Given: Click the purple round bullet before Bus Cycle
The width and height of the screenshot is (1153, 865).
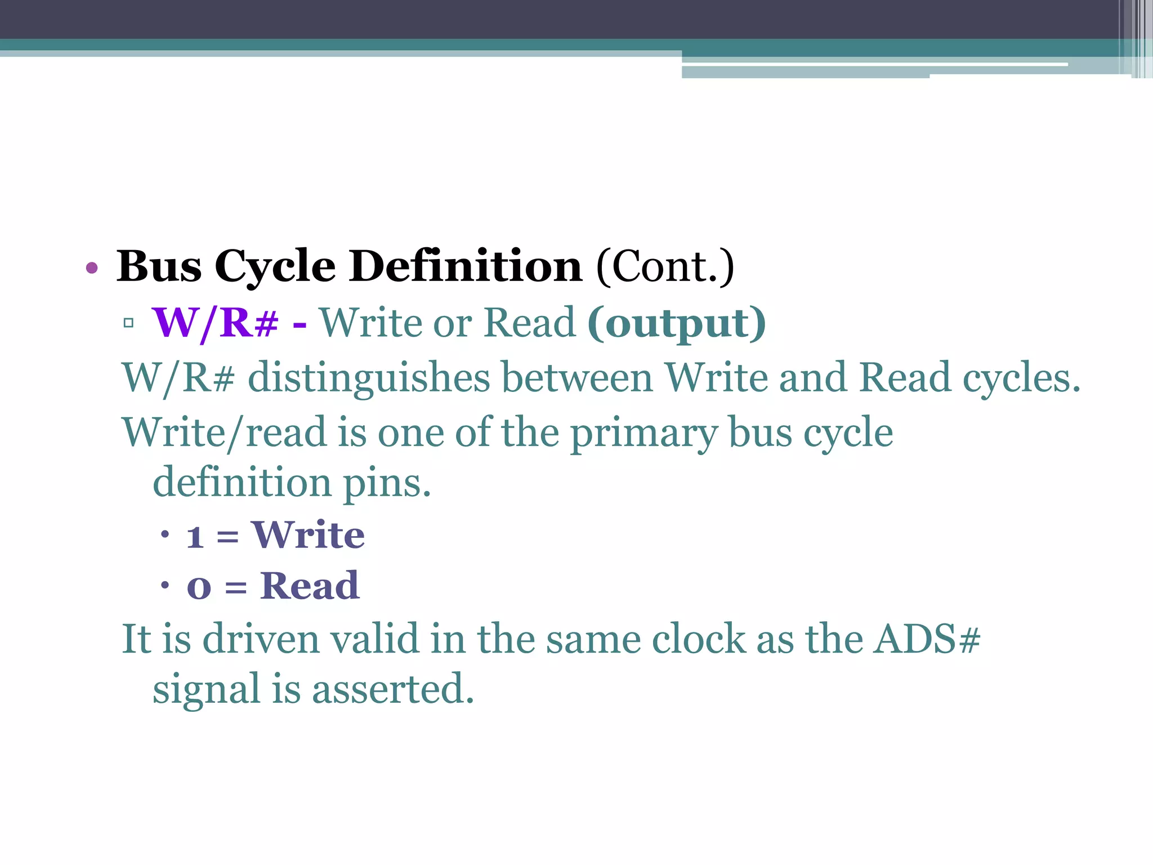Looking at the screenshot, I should pos(92,268).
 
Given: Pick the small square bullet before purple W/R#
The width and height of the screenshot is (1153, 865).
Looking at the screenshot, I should pos(129,323).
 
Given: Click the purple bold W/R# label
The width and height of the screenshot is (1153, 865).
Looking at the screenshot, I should pos(215,323).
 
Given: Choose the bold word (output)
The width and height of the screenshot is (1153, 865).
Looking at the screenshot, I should pos(677,323).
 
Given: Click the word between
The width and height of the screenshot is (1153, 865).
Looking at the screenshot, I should pos(577,377).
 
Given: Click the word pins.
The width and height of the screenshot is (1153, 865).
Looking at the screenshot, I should pos(387,483).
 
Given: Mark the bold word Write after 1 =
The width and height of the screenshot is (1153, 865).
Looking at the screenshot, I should pos(309,534).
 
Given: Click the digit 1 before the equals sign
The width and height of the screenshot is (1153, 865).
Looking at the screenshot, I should pos(195,537).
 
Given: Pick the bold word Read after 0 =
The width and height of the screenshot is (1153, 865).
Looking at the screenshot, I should pos(310,586).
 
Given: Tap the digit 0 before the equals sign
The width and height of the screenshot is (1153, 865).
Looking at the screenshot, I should pos(199,588).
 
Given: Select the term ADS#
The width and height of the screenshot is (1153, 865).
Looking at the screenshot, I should pos(927,639).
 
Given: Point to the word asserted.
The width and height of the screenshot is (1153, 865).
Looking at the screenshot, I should pos(393,689).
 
